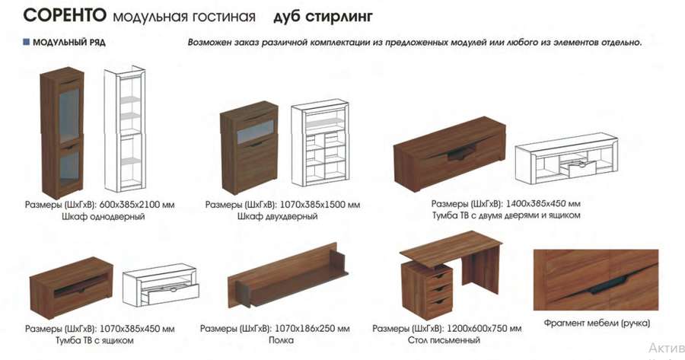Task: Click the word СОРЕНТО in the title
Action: (65, 15)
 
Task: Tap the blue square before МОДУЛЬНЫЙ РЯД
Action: (26, 42)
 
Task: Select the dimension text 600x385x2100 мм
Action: (137, 205)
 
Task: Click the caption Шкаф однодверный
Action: (103, 217)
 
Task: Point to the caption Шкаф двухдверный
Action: (277, 216)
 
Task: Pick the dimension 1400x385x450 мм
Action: (543, 203)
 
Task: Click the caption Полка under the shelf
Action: (281, 340)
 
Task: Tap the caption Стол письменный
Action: (444, 340)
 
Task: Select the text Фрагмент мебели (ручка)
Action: (597, 323)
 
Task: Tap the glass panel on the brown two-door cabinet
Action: (256, 131)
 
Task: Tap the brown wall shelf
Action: (287, 278)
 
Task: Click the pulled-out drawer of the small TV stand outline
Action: (173, 293)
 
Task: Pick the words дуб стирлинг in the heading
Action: (323, 17)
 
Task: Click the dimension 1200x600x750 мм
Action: (483, 329)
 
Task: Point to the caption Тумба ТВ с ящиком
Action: (94, 340)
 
